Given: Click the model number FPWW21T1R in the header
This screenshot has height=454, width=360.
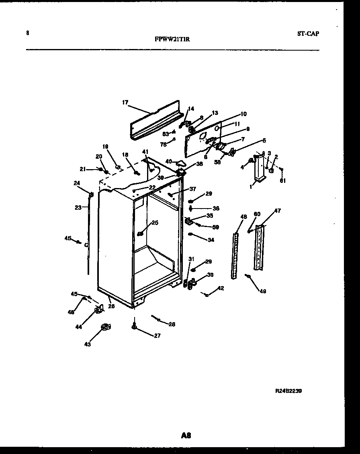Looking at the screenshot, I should pos(172,39).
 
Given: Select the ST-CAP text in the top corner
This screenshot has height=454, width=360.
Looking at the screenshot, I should pos(308,34).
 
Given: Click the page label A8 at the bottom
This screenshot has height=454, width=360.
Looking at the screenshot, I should pos(186,435).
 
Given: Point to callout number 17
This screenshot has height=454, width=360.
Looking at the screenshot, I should pos(125,103).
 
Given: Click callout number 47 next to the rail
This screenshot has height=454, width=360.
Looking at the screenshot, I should pos(278,211).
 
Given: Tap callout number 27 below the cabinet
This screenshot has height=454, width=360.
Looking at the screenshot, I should pos(157,336).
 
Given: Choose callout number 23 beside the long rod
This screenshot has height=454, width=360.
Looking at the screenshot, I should pos(78,207).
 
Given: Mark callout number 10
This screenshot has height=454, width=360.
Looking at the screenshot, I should pos(243,114).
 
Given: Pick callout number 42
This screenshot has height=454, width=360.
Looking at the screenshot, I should pos(221,288).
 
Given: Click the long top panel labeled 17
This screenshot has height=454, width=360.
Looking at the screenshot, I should pos(155,121).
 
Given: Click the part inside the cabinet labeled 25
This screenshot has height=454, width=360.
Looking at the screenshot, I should pos(141,233).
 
